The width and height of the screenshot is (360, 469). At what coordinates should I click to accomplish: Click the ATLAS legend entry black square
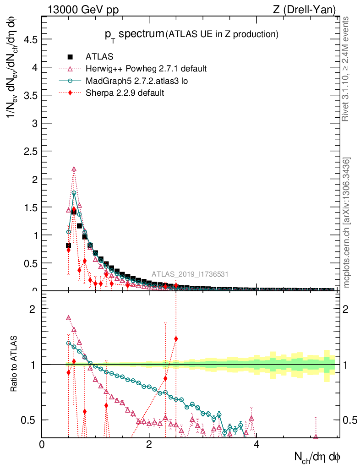[x=70, y=57]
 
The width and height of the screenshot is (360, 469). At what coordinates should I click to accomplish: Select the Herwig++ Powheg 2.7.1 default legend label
[x=146, y=69]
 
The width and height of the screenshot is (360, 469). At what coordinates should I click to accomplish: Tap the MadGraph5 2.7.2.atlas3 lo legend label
[x=137, y=81]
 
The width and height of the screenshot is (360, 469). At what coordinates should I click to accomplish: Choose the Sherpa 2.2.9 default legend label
[x=125, y=93]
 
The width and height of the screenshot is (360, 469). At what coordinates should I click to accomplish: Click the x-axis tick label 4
[x=256, y=445]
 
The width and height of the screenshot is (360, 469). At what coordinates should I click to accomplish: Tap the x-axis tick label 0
[x=42, y=445]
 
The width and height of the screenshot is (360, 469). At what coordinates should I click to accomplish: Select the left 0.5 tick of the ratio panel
[x=28, y=420]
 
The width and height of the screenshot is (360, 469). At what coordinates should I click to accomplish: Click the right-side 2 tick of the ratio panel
[x=349, y=309]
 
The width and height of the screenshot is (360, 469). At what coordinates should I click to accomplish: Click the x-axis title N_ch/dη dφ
[x=317, y=457]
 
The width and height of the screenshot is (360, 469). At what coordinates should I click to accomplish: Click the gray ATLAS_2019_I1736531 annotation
[x=190, y=274]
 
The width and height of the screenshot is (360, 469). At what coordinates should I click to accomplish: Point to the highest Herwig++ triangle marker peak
[x=74, y=169]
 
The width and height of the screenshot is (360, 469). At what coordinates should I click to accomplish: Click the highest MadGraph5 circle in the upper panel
[x=74, y=193]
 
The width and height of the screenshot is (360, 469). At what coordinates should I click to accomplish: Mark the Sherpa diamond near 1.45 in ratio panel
[x=176, y=339]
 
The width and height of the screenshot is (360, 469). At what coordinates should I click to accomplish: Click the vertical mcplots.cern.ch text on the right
[x=347, y=223]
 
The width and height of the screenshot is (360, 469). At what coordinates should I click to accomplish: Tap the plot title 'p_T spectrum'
[x=134, y=33]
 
